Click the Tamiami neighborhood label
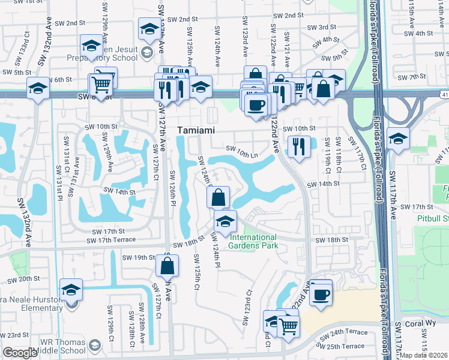(x=196, y=130)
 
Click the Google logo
(x=20, y=353)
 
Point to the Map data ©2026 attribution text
(x=424, y=355)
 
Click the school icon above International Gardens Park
(x=225, y=221)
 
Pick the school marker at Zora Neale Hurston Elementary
(x=71, y=290)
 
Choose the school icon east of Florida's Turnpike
(x=398, y=140)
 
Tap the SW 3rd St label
(x=321, y=28)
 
